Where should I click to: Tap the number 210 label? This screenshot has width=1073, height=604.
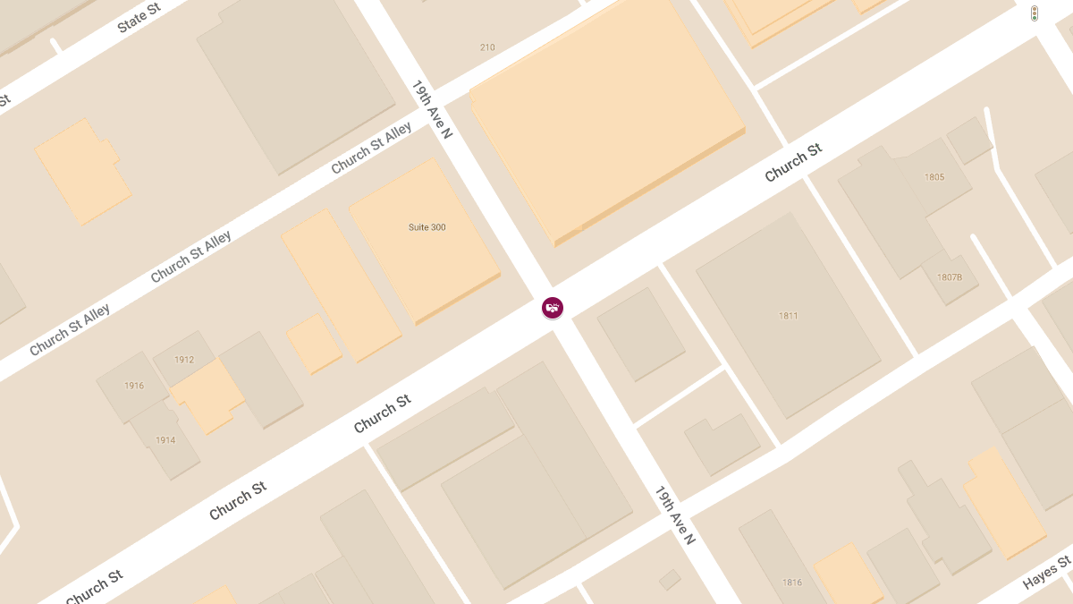click(x=487, y=47)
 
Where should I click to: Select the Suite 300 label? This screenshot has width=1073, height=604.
click(x=427, y=227)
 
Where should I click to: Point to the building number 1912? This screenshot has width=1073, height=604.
click(x=184, y=360)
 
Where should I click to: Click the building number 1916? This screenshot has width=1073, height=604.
click(x=134, y=386)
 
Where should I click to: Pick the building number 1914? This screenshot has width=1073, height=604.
click(x=165, y=440)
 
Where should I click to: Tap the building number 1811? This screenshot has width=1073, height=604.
click(x=788, y=316)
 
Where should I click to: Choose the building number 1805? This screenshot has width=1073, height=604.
click(x=934, y=177)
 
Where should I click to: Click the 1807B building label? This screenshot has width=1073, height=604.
click(x=950, y=277)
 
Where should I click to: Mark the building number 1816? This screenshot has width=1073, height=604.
click(x=792, y=583)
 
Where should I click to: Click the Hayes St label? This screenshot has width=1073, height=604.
click(x=1046, y=573)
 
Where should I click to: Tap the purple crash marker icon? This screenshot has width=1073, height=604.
click(x=553, y=308)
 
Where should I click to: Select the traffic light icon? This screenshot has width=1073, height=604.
click(x=1034, y=13)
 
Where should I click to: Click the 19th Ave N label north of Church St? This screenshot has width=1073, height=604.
click(x=432, y=109)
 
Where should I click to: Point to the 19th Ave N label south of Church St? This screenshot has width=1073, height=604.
click(x=675, y=515)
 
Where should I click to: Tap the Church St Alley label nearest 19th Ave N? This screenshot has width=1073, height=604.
click(x=371, y=149)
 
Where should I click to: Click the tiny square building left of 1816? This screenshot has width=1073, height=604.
click(x=670, y=580)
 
